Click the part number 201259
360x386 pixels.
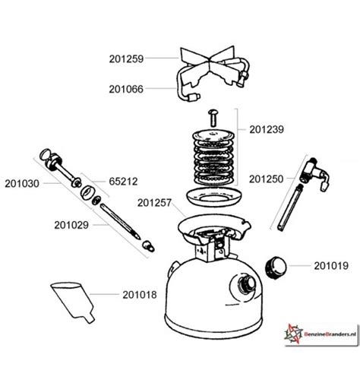(126, 59)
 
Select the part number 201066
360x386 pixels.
(126, 89)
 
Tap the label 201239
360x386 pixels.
(267, 130)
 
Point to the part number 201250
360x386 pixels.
(266, 179)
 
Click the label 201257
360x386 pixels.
(154, 203)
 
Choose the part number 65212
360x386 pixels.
(123, 182)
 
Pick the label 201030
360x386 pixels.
(22, 184)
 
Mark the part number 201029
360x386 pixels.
(71, 225)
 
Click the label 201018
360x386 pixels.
(140, 295)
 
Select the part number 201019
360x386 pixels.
(331, 266)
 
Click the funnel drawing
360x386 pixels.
(74, 302)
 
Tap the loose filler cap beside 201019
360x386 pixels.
(276, 267)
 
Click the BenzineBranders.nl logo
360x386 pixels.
(321, 334)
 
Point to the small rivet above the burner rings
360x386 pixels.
(213, 118)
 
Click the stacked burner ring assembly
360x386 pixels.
(213, 157)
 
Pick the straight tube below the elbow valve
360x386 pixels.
(289, 207)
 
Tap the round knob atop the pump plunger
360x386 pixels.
(46, 154)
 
